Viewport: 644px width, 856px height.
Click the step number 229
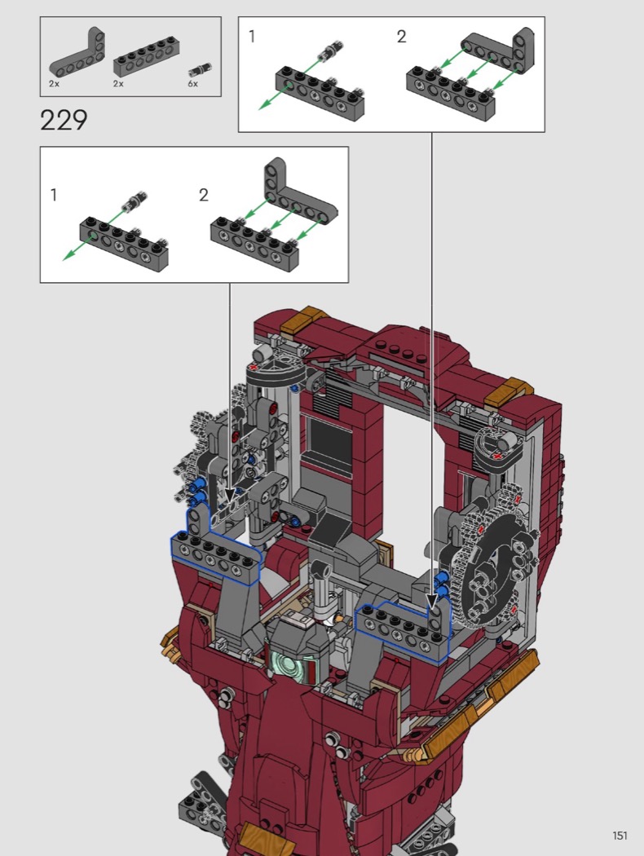[x=64, y=120]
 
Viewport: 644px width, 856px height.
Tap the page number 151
[x=620, y=836]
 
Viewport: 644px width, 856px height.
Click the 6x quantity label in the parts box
[x=192, y=83]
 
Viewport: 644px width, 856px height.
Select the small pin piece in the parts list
[x=201, y=69]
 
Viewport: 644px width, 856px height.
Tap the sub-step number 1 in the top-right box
[x=252, y=37]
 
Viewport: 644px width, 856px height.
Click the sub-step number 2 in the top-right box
[x=401, y=37]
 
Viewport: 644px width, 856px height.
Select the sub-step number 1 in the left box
[x=54, y=195]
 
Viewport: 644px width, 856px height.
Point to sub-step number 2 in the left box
[x=204, y=195]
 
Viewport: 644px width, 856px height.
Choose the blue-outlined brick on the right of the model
[x=403, y=628]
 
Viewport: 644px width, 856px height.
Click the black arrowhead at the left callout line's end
[x=230, y=496]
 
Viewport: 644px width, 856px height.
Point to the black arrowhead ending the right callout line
[x=432, y=602]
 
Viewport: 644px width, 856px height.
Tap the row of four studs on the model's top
[x=403, y=347]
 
